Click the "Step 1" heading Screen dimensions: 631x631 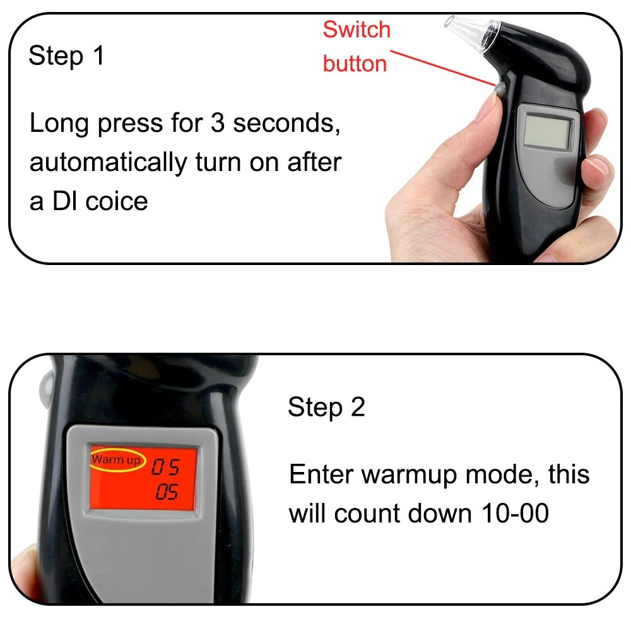pyautogui.click(x=66, y=56)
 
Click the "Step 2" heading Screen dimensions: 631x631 pyautogui.click(x=326, y=407)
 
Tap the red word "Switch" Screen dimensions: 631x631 pyautogui.click(x=357, y=30)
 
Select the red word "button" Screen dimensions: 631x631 pyautogui.click(x=355, y=63)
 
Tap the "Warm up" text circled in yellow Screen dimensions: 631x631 pyautogui.click(x=117, y=459)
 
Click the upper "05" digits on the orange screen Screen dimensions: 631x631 pyautogui.click(x=165, y=468)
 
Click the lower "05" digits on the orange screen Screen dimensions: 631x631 pyautogui.click(x=167, y=493)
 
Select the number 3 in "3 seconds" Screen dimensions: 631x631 pyautogui.click(x=217, y=123)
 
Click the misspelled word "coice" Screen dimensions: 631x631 pyautogui.click(x=116, y=201)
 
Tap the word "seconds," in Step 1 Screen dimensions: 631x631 pyautogui.click(x=287, y=123)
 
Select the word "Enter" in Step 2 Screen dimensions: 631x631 pyautogui.click(x=321, y=474)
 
